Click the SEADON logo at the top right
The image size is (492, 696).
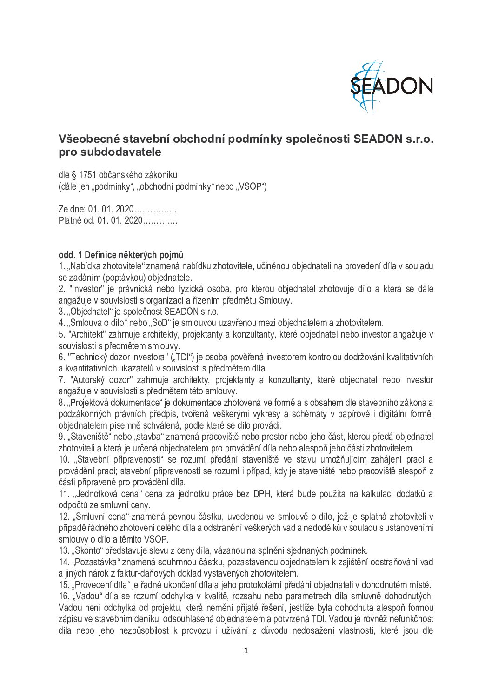coord(391,86)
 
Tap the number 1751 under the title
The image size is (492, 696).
coord(87,175)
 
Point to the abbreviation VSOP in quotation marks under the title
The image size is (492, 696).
coord(250,187)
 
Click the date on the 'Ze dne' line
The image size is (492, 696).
coord(111,209)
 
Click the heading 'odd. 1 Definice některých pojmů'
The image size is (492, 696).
coord(121,255)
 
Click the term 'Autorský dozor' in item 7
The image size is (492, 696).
coord(98,380)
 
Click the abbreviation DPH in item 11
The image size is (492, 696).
coord(262,494)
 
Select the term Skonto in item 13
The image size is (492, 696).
coord(86,551)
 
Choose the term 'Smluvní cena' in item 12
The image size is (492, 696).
coord(100,517)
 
